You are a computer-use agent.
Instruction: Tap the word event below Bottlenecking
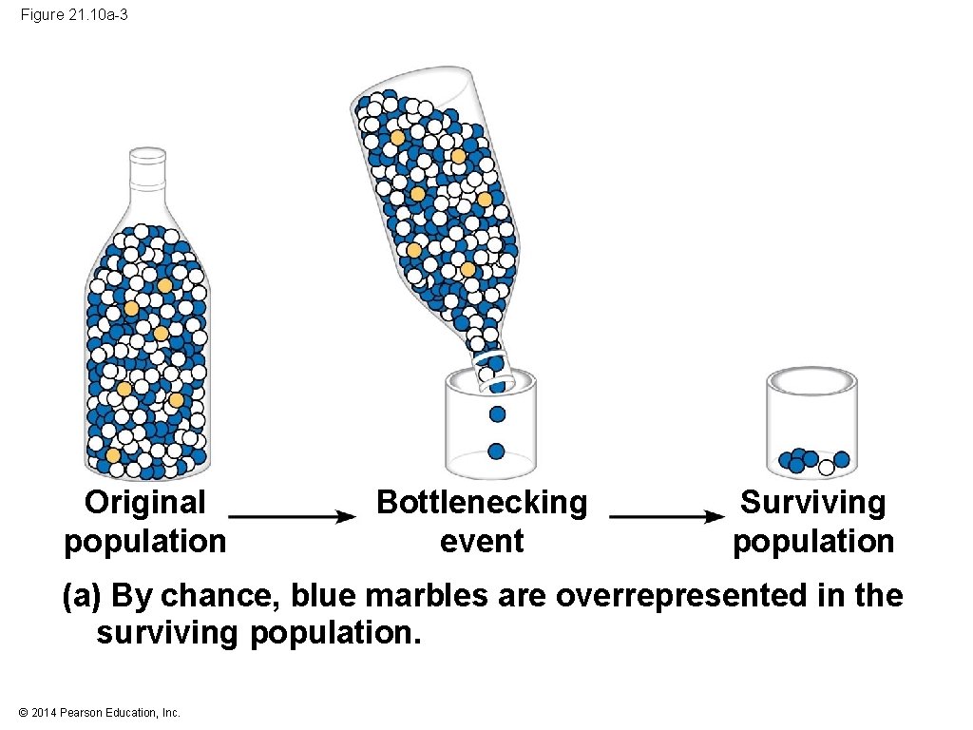pyautogui.click(x=482, y=541)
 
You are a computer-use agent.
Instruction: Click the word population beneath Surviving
pyautogui.click(x=813, y=541)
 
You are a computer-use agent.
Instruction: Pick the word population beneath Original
pyautogui.click(x=145, y=541)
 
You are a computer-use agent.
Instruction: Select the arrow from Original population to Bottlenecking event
pyautogui.click(x=292, y=516)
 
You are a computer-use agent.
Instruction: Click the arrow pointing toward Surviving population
pyautogui.click(x=666, y=516)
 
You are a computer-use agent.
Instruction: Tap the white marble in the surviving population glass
pyautogui.click(x=827, y=467)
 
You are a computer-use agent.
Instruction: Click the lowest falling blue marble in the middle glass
pyautogui.click(x=496, y=451)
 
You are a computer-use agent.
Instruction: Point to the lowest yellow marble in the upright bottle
pyautogui.click(x=114, y=455)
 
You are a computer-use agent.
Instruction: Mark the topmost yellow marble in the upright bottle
pyautogui.click(x=164, y=285)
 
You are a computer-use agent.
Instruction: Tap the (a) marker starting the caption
pyautogui.click(x=82, y=596)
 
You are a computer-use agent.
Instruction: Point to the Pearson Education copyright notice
pyautogui.click(x=99, y=712)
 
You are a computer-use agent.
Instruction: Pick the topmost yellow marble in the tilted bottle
pyautogui.click(x=397, y=138)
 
